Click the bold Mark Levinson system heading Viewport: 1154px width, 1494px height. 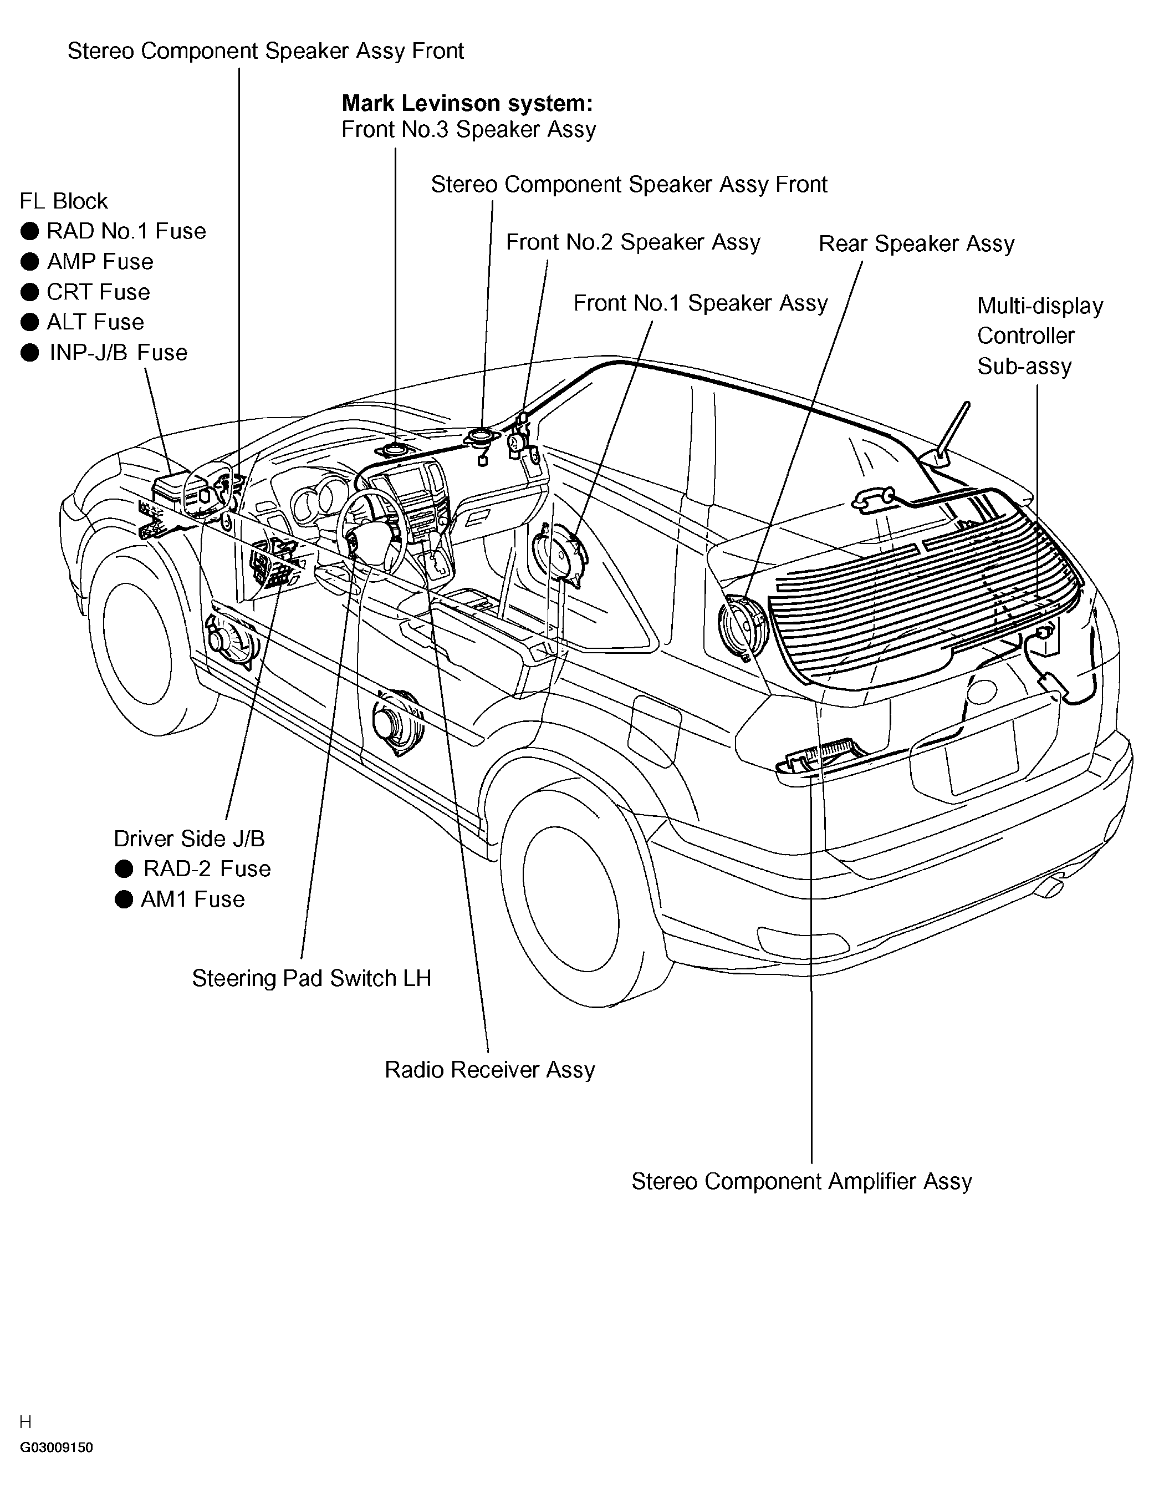pyautogui.click(x=467, y=103)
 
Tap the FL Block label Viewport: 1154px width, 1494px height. pyautogui.click(x=64, y=201)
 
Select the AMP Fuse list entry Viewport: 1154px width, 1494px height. pyautogui.click(x=100, y=261)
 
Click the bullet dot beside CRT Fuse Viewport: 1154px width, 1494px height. pyautogui.click(x=29, y=292)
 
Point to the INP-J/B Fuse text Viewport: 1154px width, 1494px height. pyautogui.click(x=118, y=352)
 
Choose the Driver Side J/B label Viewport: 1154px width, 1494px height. pyautogui.click(x=188, y=839)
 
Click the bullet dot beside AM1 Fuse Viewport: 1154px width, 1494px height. pyautogui.click(x=124, y=899)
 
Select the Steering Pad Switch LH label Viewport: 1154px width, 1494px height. pyautogui.click(x=312, y=978)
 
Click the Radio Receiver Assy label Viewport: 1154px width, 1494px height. pyautogui.click(x=489, y=1070)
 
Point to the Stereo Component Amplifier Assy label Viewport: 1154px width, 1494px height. pyautogui.click(x=801, y=1181)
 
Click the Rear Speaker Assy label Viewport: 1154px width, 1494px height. pyautogui.click(x=917, y=243)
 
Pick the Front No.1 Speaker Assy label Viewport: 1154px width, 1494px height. pyautogui.click(x=701, y=303)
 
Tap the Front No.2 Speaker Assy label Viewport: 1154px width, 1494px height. pyautogui.click(x=633, y=242)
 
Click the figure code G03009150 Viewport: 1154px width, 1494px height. pyautogui.click(x=56, y=1447)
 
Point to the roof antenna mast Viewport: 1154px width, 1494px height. pyautogui.click(x=955, y=428)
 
